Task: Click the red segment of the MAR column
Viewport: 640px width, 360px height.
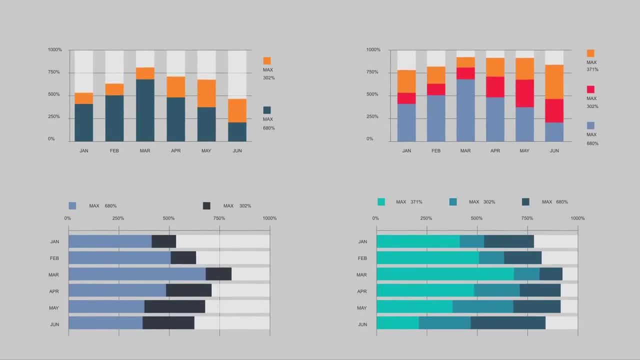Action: pyautogui.click(x=465, y=73)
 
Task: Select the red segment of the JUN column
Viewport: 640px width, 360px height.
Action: pyautogui.click(x=554, y=110)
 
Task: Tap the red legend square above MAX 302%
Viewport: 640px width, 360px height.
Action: pyautogui.click(x=590, y=89)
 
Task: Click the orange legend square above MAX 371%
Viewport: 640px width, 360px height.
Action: pyautogui.click(x=590, y=53)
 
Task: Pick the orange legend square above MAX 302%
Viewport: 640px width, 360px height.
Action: pyautogui.click(x=267, y=60)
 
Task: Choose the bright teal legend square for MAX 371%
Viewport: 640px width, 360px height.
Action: pyautogui.click(x=381, y=202)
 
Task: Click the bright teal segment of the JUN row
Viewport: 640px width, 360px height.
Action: pyautogui.click(x=397, y=322)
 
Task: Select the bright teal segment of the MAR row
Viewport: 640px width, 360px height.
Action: pyautogui.click(x=445, y=274)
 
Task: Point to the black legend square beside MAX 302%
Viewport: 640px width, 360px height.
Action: pyautogui.click(x=206, y=205)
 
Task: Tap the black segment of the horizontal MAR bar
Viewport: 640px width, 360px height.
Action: pyautogui.click(x=218, y=274)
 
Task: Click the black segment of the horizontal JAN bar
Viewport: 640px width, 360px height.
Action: pyautogui.click(x=163, y=241)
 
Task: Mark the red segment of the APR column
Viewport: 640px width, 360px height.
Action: pyautogui.click(x=495, y=86)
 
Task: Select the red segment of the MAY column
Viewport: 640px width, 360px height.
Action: pyautogui.click(x=524, y=93)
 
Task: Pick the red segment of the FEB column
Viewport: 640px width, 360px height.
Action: pyautogui.click(x=436, y=89)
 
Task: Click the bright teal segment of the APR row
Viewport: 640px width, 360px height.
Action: pyautogui.click(x=425, y=290)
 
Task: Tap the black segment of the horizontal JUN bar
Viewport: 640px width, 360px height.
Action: pyautogui.click(x=168, y=322)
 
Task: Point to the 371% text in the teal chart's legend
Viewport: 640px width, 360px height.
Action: pyautogui.click(x=416, y=202)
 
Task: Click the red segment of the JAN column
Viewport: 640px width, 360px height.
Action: pyautogui.click(x=406, y=98)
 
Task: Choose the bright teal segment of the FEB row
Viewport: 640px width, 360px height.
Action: pyautogui.click(x=427, y=257)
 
